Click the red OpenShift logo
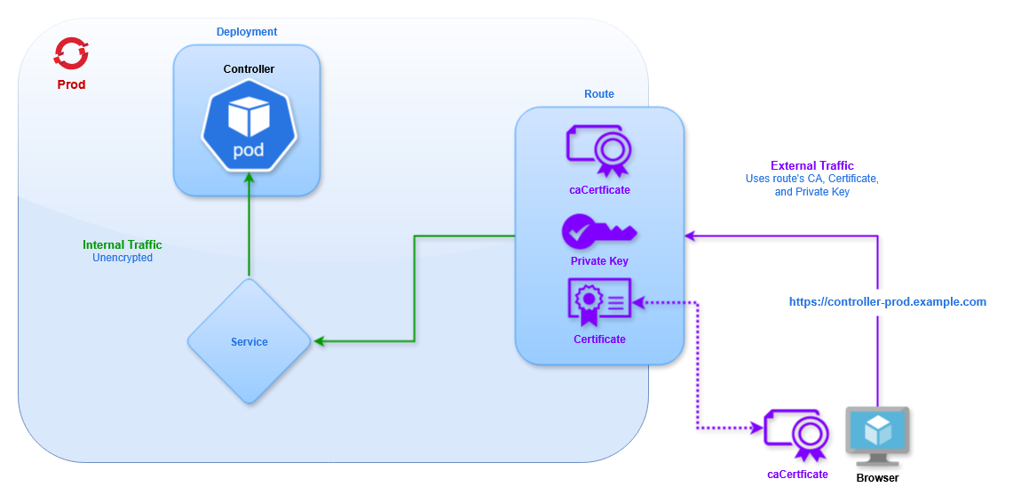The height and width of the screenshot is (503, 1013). [70, 53]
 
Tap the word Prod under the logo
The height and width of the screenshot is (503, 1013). [71, 84]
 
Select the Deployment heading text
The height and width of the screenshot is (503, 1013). [247, 32]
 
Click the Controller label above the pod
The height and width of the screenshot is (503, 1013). [249, 69]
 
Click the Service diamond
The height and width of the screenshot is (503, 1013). [249, 341]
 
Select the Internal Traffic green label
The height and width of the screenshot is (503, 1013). [123, 244]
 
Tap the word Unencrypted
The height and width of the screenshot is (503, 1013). [123, 258]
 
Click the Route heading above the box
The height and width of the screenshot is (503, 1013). [599, 94]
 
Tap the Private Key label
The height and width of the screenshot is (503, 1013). [599, 261]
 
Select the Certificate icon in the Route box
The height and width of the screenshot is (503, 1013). [599, 304]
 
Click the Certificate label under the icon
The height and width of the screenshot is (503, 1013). [599, 339]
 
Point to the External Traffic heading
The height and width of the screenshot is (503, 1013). [812, 165]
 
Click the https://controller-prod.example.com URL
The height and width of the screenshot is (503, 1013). [888, 302]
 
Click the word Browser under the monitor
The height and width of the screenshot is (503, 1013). [877, 478]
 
